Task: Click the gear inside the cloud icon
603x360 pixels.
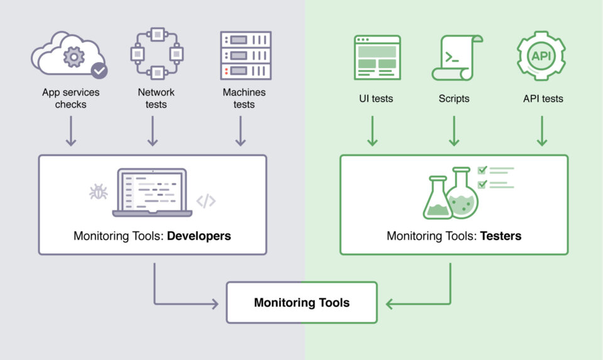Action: click(x=74, y=57)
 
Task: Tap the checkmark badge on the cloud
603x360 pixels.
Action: click(x=99, y=70)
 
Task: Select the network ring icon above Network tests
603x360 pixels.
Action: click(x=157, y=53)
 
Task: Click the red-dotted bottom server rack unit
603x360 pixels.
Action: click(x=246, y=71)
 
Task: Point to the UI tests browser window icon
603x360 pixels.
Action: click(x=378, y=57)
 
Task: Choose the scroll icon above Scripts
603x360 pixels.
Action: click(x=457, y=58)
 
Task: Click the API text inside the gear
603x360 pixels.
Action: click(x=541, y=56)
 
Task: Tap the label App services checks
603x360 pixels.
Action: click(x=71, y=99)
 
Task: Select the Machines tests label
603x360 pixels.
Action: click(x=244, y=99)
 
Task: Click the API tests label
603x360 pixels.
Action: click(x=543, y=99)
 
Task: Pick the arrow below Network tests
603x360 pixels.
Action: click(x=153, y=131)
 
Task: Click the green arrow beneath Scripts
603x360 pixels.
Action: click(x=454, y=131)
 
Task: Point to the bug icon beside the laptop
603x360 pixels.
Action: click(x=99, y=192)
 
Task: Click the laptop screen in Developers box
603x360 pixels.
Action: click(x=152, y=191)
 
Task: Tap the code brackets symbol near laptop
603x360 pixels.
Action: click(x=206, y=201)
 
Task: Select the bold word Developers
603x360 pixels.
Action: click(x=199, y=236)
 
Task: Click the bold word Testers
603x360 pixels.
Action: click(x=501, y=236)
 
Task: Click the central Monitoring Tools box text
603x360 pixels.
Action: click(x=302, y=303)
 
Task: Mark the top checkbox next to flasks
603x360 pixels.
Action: click(x=482, y=170)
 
